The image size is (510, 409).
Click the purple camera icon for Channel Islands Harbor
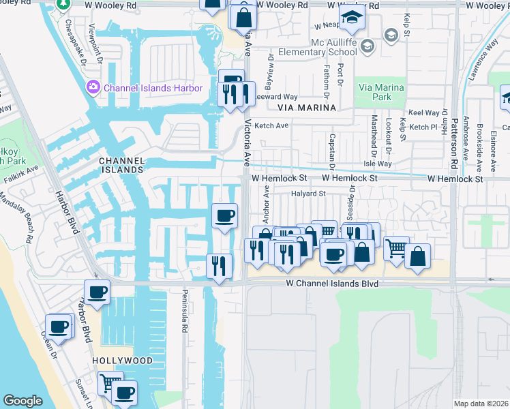pyautogui.click(x=92, y=88)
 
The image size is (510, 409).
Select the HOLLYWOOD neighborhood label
pyautogui.click(x=122, y=360)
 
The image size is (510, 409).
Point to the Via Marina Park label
pyautogui.click(x=381, y=92)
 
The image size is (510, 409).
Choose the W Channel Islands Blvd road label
pyautogui.click(x=332, y=282)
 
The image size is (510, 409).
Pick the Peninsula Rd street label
pyautogui.click(x=184, y=314)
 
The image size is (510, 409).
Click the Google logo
pyautogui.click(x=22, y=401)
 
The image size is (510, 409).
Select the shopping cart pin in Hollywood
pyautogui.click(x=110, y=383)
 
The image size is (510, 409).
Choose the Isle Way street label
pyautogui.click(x=379, y=164)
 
